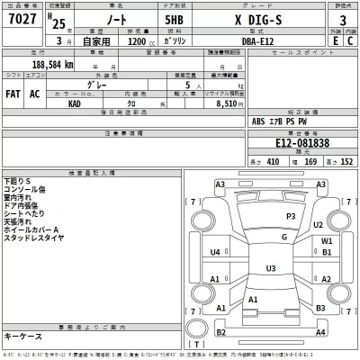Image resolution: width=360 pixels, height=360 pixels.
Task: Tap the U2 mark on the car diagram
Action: (319, 224)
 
